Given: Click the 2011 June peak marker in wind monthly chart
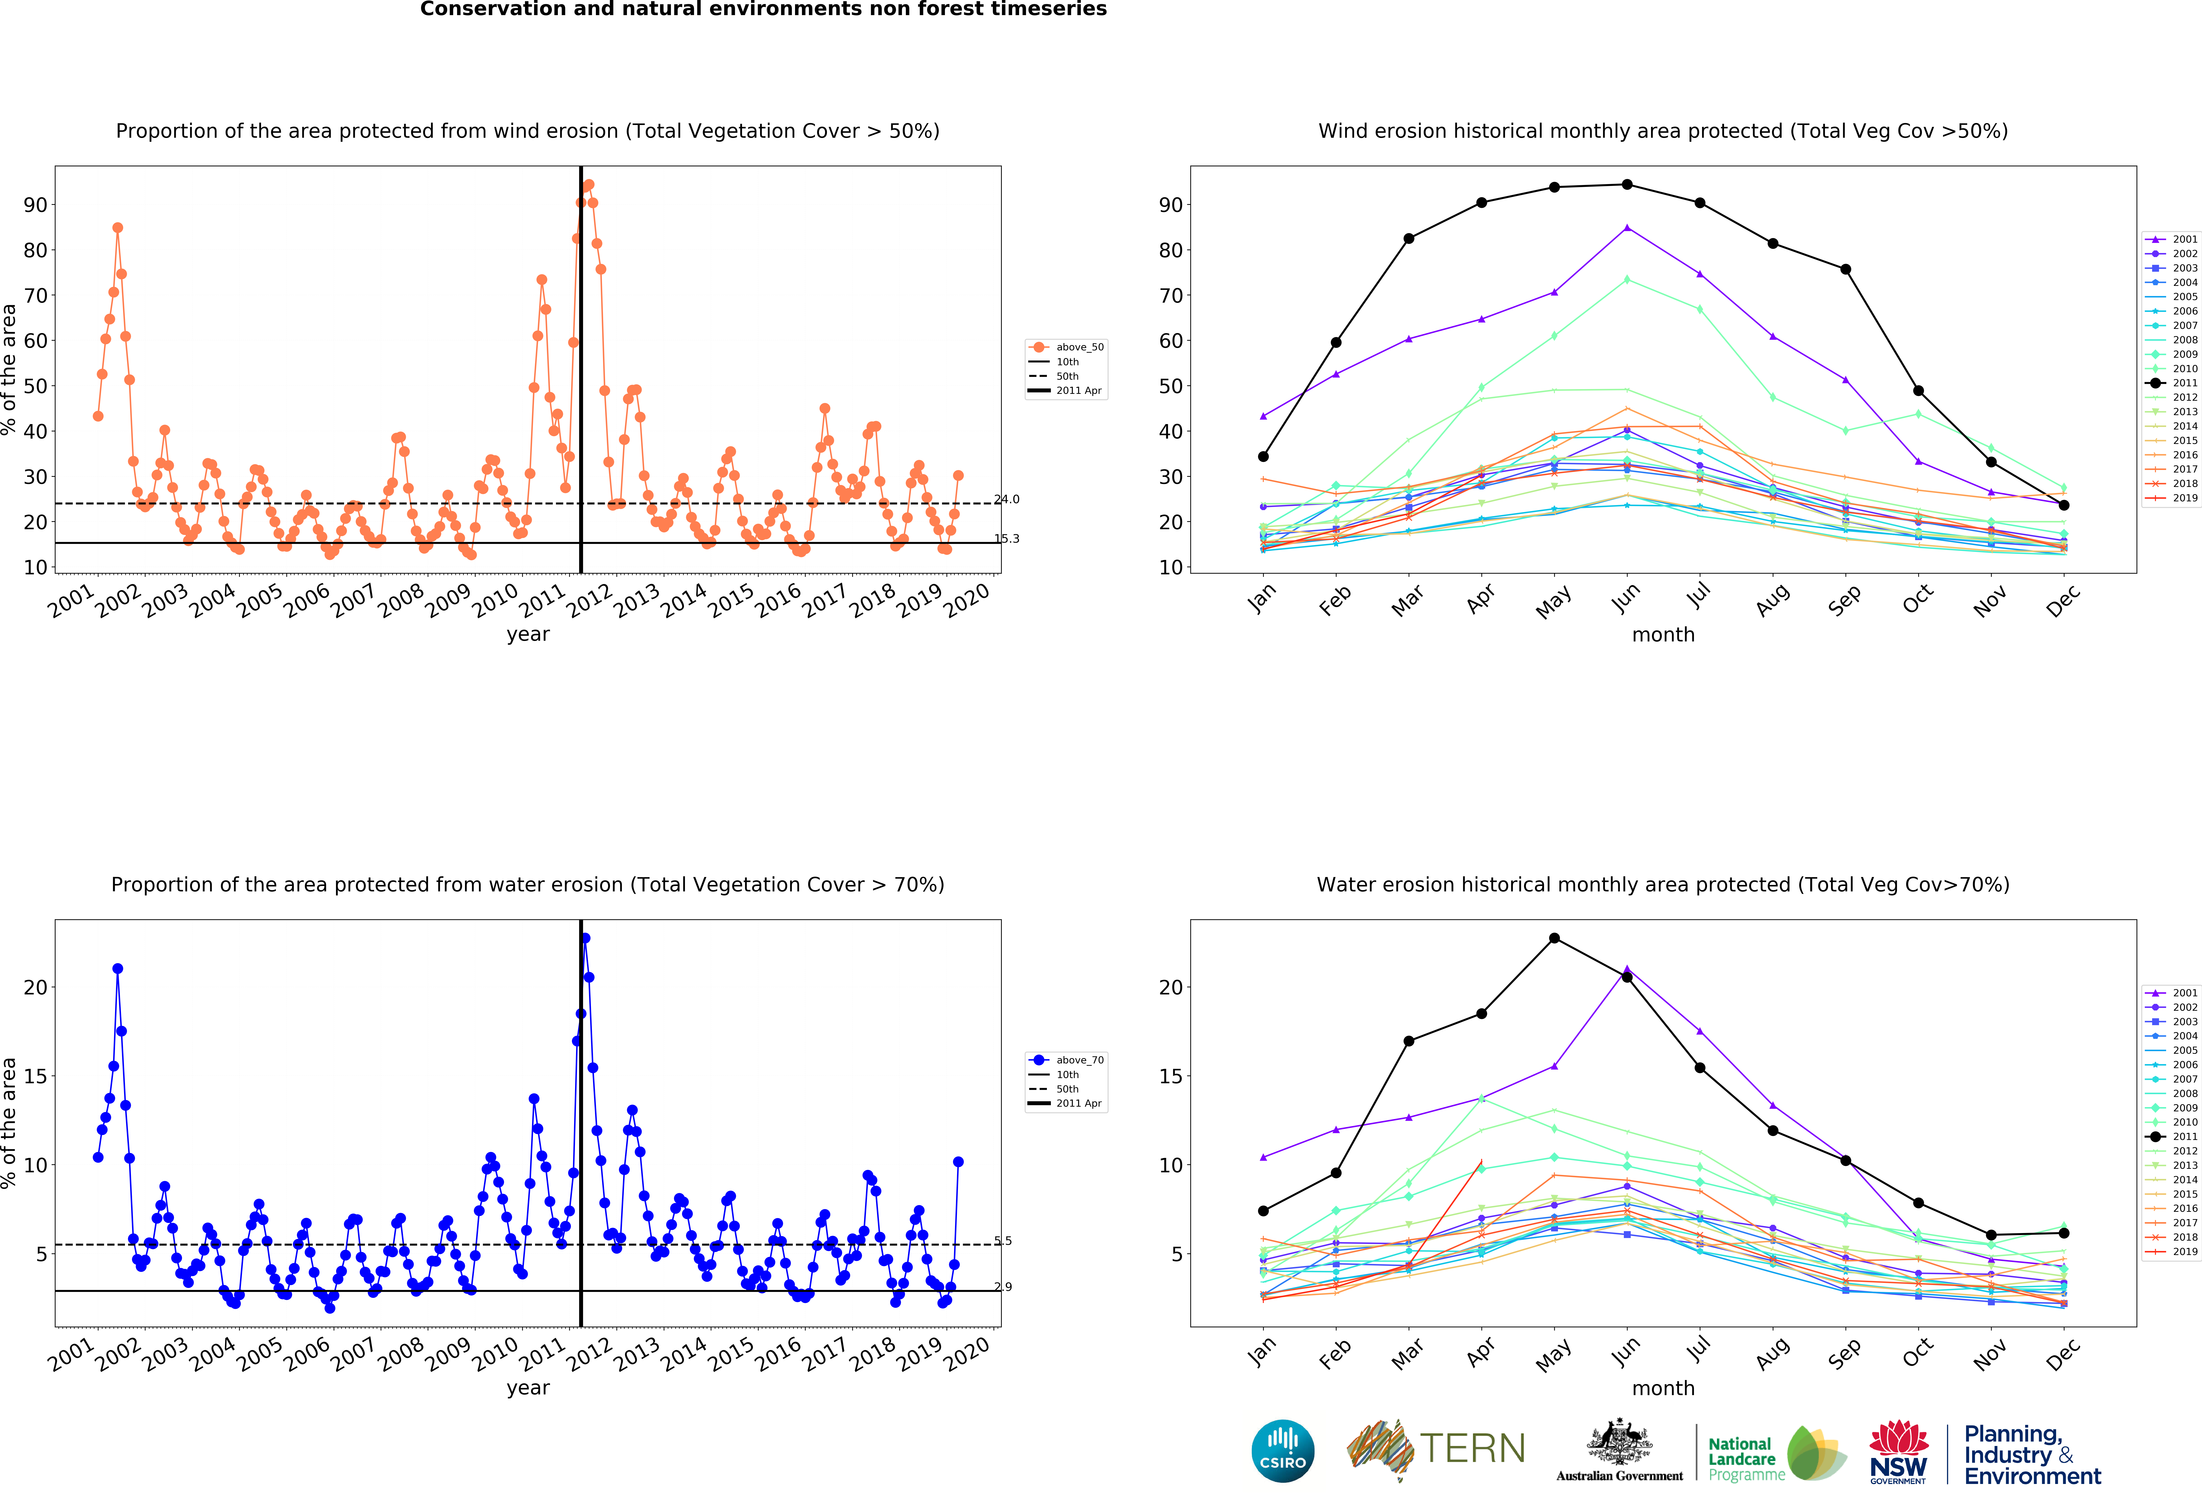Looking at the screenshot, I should tap(1627, 185).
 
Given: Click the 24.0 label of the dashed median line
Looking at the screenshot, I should tap(1007, 499).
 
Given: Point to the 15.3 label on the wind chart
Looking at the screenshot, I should tap(1007, 539).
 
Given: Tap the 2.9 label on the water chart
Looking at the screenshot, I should tap(1003, 1286).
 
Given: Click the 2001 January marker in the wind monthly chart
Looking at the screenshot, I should tap(1263, 416).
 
